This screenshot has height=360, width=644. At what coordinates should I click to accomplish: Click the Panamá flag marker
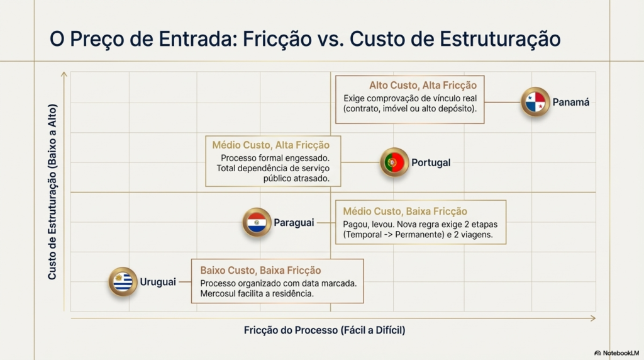click(x=535, y=102)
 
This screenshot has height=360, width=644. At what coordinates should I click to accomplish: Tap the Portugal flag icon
click(x=394, y=162)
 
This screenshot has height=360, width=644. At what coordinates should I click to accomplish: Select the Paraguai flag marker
click(x=257, y=222)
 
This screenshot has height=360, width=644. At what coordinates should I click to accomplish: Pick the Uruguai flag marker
click(x=123, y=282)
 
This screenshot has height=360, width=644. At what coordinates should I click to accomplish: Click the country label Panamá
click(x=571, y=103)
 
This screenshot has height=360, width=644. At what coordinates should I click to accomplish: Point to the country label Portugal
click(x=431, y=163)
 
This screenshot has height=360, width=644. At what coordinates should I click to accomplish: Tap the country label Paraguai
click(x=294, y=223)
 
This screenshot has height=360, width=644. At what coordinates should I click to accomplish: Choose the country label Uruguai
click(x=158, y=282)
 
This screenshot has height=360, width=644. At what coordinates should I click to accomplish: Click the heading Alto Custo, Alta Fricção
click(x=423, y=86)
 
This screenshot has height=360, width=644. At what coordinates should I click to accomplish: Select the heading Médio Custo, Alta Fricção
click(x=270, y=145)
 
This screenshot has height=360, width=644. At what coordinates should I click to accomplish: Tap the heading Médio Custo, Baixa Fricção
click(x=405, y=211)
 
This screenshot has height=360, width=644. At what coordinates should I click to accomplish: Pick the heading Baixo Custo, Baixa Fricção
click(x=260, y=271)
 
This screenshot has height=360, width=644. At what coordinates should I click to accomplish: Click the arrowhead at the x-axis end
click(x=593, y=318)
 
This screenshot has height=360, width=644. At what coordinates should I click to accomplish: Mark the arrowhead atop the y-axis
click(x=64, y=74)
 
